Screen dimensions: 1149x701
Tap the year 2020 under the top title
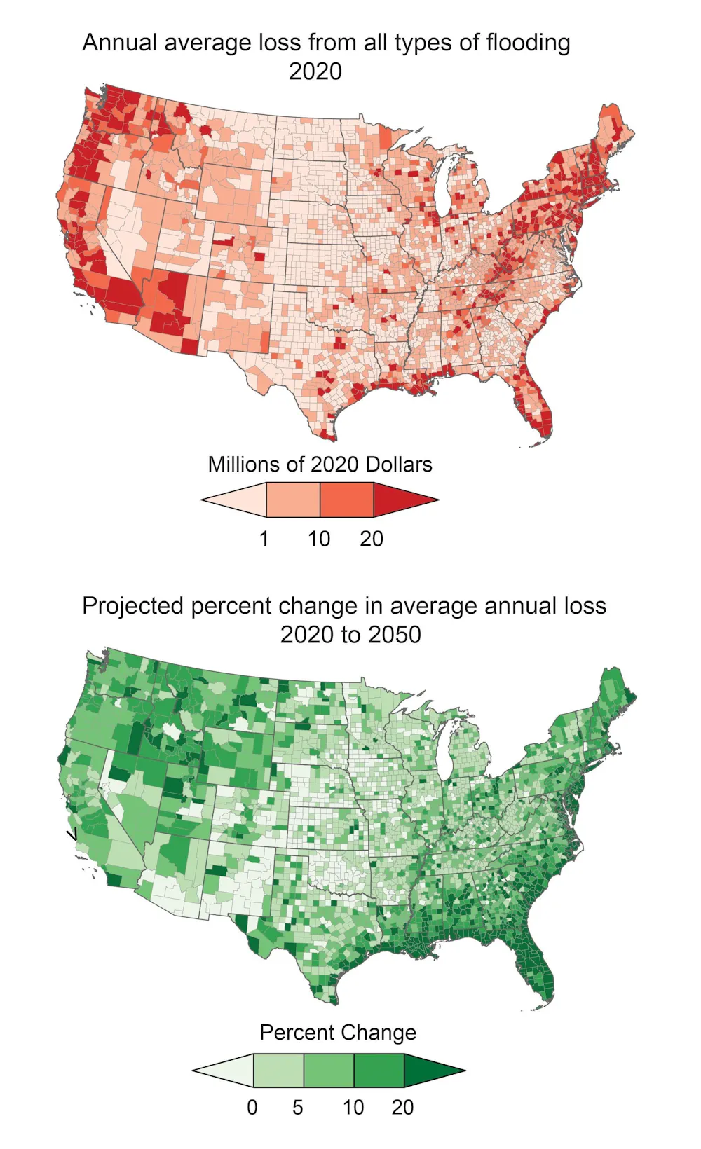coord(315,71)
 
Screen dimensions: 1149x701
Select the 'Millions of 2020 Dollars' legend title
coord(320,465)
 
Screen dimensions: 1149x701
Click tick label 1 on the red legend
coord(264,539)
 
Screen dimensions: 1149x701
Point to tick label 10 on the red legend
coord(319,539)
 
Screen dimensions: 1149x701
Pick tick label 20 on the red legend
coord(372,539)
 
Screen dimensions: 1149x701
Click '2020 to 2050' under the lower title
coord(350,635)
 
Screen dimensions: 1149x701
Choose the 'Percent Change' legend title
coord(338,1033)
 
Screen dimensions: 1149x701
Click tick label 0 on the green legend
coord(252,1108)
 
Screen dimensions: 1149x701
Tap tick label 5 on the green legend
coord(297,1108)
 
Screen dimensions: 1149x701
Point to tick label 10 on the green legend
coord(353,1108)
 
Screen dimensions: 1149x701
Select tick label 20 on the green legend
coord(402,1108)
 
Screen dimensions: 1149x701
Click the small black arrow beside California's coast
coord(72,834)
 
